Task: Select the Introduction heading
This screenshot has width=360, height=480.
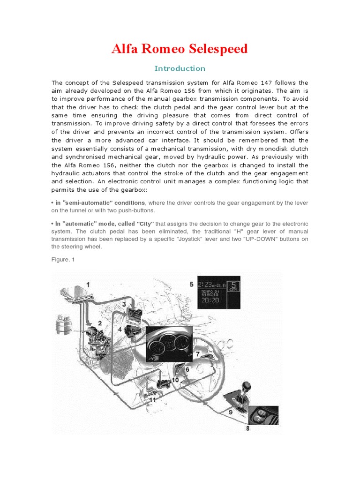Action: click(180, 68)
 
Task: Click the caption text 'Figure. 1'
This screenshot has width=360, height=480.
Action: click(63, 259)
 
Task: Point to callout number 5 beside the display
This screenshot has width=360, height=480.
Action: click(191, 284)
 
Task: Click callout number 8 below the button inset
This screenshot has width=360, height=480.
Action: click(247, 428)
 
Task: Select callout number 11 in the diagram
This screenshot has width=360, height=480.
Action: click(152, 399)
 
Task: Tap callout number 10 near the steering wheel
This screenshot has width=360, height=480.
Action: click(175, 380)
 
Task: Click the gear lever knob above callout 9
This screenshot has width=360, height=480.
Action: click(247, 386)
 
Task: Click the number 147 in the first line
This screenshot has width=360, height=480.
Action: click(260, 83)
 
